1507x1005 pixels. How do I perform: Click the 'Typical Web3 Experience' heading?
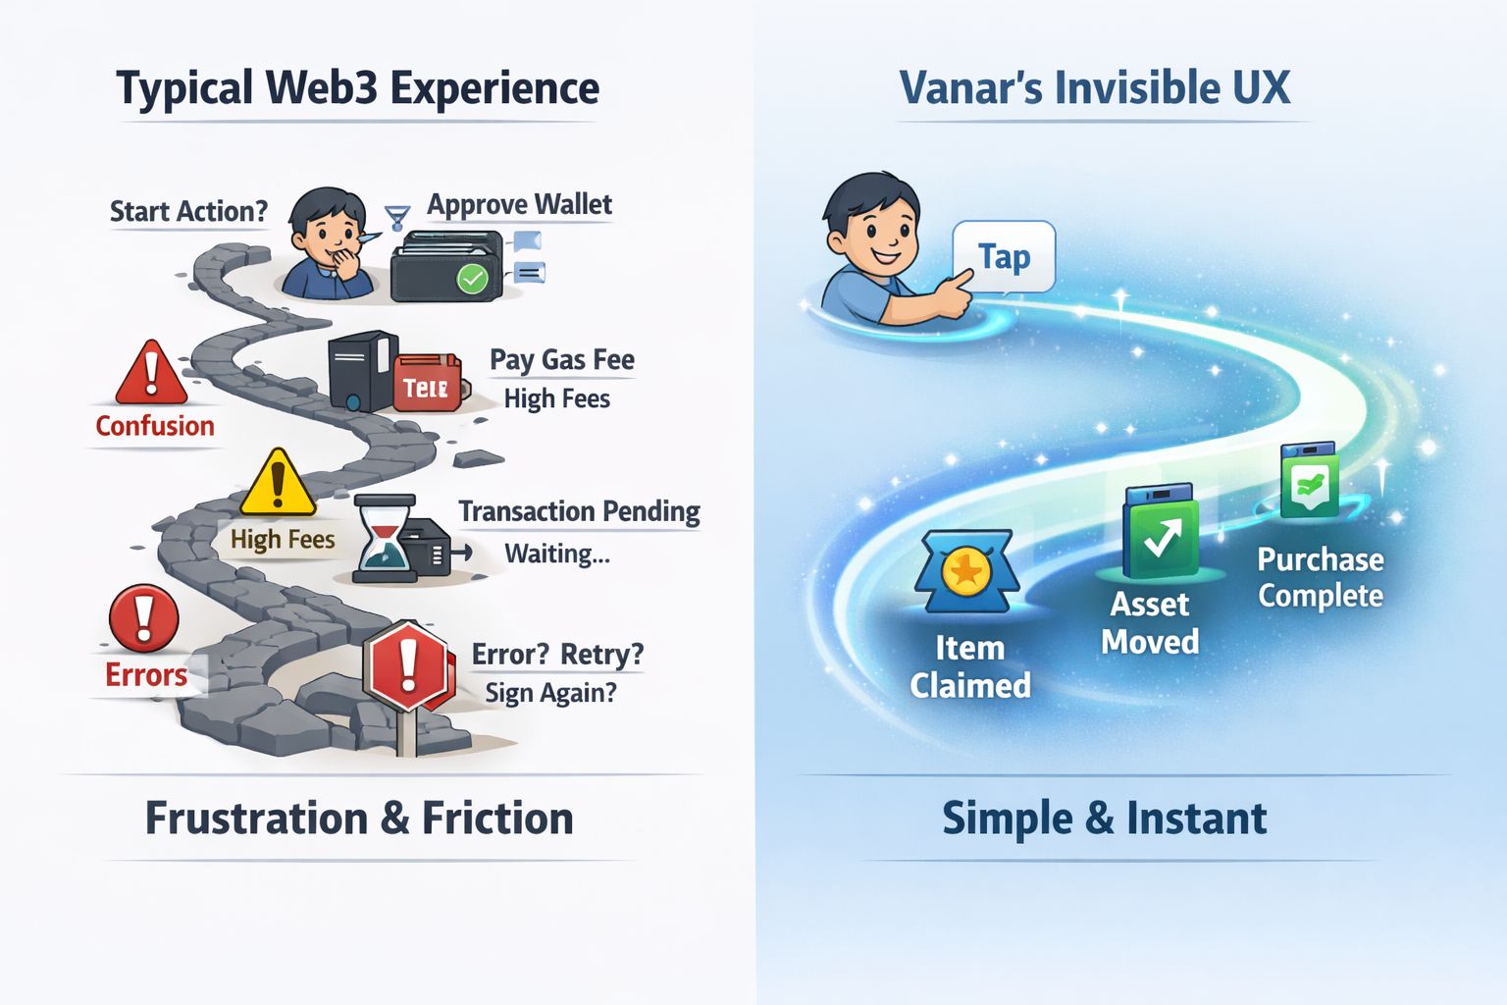[x=358, y=88]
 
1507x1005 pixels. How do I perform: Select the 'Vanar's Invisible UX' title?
[x=1095, y=88]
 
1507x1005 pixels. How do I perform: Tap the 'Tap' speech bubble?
[x=1004, y=257]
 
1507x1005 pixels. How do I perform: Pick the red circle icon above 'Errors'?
[x=144, y=619]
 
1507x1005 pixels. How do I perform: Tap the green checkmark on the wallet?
[x=473, y=279]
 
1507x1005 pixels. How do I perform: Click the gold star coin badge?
[x=966, y=571]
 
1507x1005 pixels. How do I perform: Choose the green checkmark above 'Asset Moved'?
[x=1162, y=536]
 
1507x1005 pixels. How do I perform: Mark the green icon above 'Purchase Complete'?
[x=1310, y=482]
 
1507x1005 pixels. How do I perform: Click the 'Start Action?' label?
[x=188, y=212]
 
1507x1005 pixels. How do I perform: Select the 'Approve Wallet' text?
[x=519, y=204]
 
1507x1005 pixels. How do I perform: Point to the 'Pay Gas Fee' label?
[x=562, y=360]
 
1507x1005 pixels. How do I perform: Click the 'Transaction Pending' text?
[x=579, y=511]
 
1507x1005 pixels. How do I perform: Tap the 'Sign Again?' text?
[x=550, y=693]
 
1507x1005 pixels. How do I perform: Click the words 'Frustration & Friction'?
[x=359, y=819]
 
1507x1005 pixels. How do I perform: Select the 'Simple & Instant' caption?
[x=1104, y=819]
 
